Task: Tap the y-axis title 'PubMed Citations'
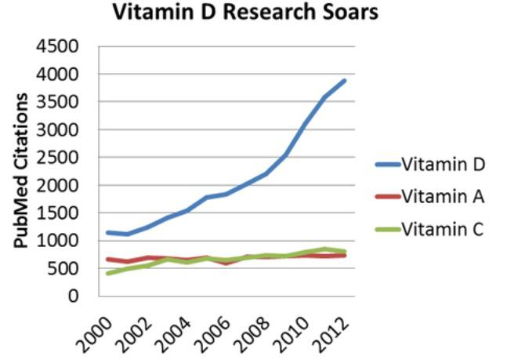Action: (23, 170)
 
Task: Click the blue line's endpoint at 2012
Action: (345, 81)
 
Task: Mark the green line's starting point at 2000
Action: (107, 273)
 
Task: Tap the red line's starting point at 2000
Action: (107, 259)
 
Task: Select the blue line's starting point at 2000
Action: (107, 232)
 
